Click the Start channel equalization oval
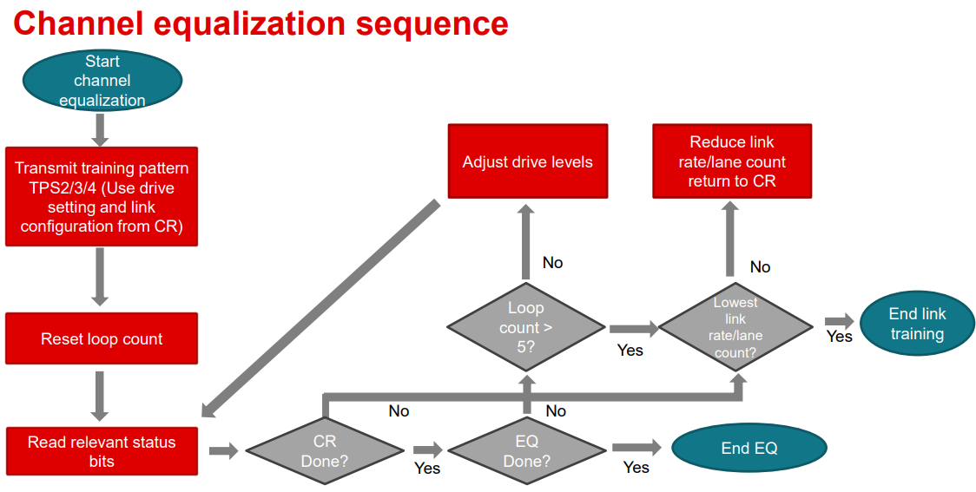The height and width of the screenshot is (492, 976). pos(102,81)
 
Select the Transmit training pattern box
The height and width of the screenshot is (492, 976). pos(102,197)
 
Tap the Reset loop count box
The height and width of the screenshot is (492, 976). pos(102,338)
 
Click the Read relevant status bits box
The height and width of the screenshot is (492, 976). pos(102,451)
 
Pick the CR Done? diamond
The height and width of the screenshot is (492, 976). pos(324,451)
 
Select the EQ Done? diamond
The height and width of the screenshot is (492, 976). pos(526,451)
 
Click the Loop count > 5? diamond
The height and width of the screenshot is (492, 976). pos(526,326)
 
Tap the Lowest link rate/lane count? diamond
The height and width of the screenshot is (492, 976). pos(735,326)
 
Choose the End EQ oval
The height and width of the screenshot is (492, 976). pos(749,448)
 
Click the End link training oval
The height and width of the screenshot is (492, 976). pos(917,324)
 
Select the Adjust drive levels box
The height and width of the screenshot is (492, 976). pos(527,161)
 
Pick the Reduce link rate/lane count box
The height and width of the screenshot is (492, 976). pos(732,161)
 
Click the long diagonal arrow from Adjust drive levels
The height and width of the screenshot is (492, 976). pos(320,309)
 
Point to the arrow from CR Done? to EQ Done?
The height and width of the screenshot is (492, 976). pos(427,449)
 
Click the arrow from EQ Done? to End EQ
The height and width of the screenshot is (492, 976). pos(636,447)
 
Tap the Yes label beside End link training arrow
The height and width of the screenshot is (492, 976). pos(839,337)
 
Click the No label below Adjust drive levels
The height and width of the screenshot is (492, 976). pos(552,262)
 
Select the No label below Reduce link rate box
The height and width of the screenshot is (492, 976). pos(760,267)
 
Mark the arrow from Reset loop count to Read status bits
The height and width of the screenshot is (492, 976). pos(100,397)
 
